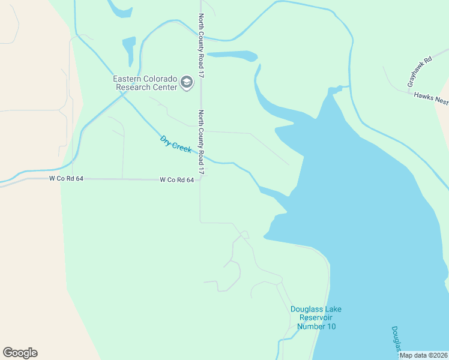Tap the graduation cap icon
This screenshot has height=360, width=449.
coord(187,82)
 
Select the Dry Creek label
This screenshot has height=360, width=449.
coord(175,144)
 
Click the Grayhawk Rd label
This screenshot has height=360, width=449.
coord(420,73)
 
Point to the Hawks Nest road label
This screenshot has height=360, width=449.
coord(431,98)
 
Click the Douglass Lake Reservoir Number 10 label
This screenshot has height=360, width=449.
coord(316,317)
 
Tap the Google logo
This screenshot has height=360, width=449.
coord(20,353)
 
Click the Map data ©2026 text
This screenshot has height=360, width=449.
coord(423,355)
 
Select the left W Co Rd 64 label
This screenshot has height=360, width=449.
coord(66,179)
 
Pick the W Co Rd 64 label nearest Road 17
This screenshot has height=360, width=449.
coord(176,179)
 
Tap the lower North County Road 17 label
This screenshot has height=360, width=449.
coord(202,143)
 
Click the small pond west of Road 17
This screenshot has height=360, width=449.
coord(128,50)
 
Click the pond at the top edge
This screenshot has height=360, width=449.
coord(119,8)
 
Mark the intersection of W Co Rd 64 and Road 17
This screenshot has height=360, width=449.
coord(200,179)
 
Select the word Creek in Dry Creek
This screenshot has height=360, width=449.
coord(182,148)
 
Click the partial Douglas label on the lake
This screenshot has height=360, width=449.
coord(397,339)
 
